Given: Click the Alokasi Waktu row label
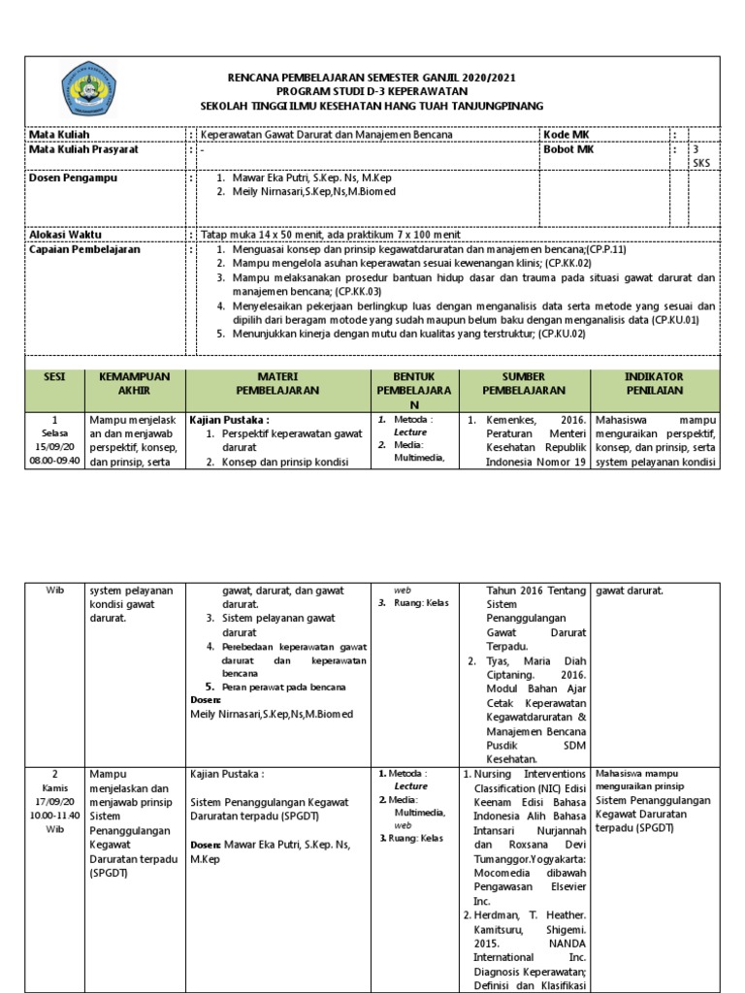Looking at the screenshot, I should (65, 235).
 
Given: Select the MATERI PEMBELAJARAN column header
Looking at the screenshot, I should (276, 382).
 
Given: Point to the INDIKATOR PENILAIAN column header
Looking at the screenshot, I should (654, 382).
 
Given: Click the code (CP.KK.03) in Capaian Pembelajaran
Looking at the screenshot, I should (357, 291).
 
